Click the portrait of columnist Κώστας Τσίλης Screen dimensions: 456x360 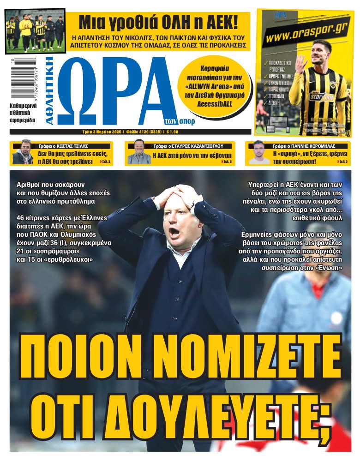coord(23,153)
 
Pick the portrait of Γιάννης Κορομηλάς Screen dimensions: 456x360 coord(259,153)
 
